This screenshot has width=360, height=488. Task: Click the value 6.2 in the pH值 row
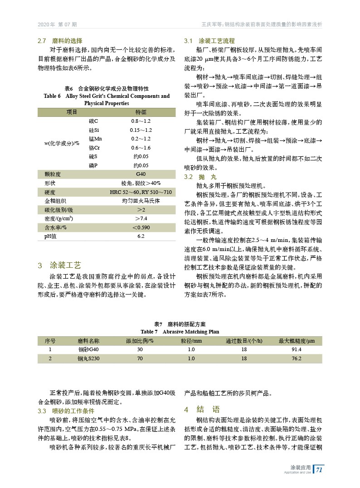click(x=141, y=236)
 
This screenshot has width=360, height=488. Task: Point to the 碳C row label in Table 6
click(x=94, y=121)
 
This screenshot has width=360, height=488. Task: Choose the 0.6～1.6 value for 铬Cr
click(x=141, y=148)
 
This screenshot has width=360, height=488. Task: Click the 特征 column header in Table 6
click(x=141, y=112)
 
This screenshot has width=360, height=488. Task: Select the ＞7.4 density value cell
click(x=141, y=218)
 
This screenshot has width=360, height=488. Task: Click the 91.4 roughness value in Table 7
click(x=297, y=349)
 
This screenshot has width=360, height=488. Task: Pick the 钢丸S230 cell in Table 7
click(x=88, y=358)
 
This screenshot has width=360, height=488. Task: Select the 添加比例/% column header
click(x=140, y=341)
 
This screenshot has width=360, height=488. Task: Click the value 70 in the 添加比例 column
click(x=140, y=358)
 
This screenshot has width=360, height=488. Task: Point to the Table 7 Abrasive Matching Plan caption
click(x=180, y=331)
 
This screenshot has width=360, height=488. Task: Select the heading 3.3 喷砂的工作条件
click(x=66, y=411)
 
